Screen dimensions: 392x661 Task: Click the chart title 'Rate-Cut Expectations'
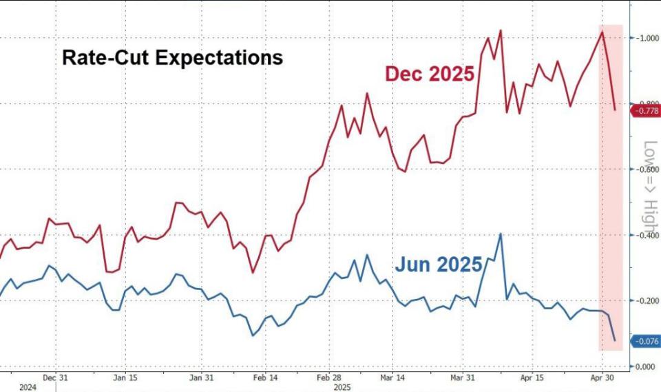tap(172, 57)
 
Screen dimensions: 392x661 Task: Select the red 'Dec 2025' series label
tap(430, 74)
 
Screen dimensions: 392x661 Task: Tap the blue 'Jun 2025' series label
tap(439, 265)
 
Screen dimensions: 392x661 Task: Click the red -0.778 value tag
tap(646, 110)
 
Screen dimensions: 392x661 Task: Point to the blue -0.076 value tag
tap(646, 341)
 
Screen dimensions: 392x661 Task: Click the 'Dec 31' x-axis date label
tap(54, 378)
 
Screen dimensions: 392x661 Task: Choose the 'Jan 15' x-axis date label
tap(125, 378)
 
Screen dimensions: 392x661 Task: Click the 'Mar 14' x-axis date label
tap(400, 378)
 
